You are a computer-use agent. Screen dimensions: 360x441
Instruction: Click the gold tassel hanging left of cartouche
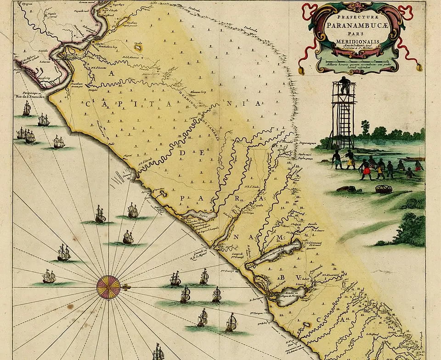click(302, 71)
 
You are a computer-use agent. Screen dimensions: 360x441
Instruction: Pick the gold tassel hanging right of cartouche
click(418, 68)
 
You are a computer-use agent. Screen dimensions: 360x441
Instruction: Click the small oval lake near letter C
click(137, 46)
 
